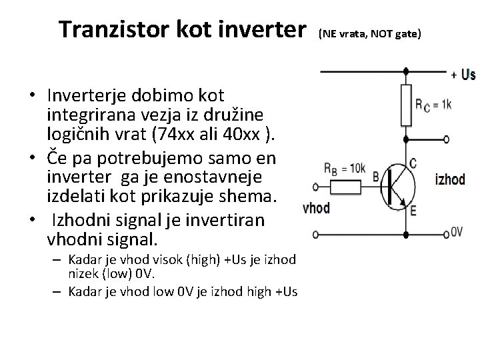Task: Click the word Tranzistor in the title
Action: coord(110,29)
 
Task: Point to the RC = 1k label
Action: coord(433,105)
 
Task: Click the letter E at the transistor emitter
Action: coord(414,213)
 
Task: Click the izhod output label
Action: coord(450,179)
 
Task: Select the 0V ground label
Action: coord(457,231)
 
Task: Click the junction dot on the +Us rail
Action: coord(406,69)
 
